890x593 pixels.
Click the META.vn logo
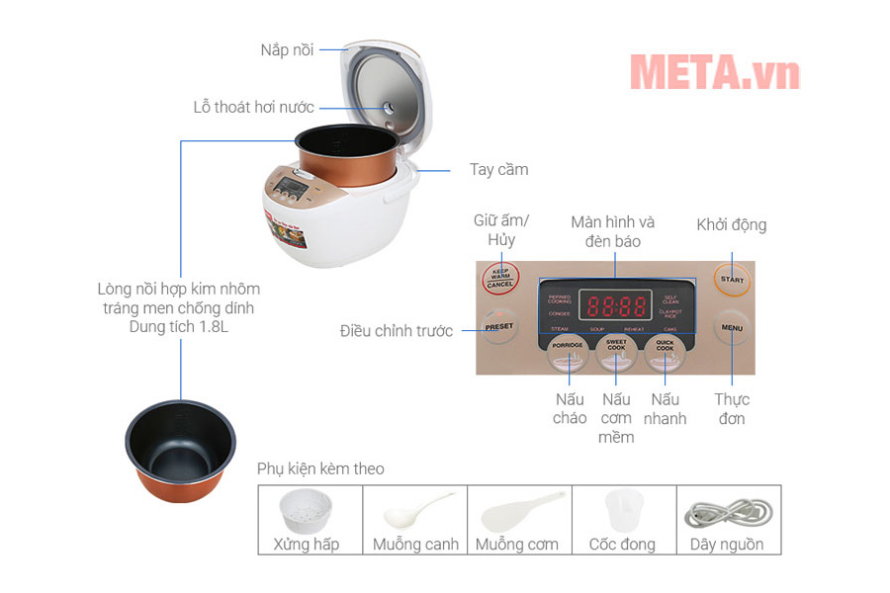pyautogui.click(x=714, y=71)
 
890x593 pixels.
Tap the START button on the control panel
pyautogui.click(x=732, y=279)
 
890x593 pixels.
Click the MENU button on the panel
pyautogui.click(x=732, y=327)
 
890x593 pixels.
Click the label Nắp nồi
pyautogui.click(x=287, y=49)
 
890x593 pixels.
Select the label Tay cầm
pyautogui.click(x=498, y=169)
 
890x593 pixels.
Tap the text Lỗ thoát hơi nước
pyautogui.click(x=253, y=107)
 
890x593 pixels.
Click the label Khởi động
pyautogui.click(x=731, y=224)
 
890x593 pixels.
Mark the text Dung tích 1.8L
pyautogui.click(x=179, y=326)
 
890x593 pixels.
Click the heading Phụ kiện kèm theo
pyautogui.click(x=320, y=468)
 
